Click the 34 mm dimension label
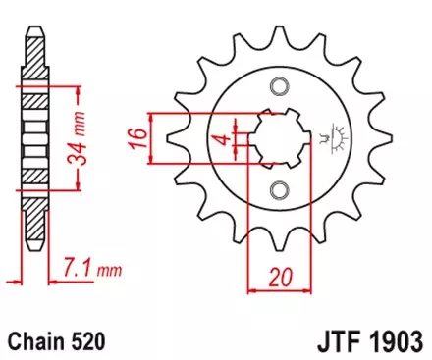coord(88,140)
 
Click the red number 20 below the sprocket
coord(285,279)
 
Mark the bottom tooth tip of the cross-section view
coord(33,257)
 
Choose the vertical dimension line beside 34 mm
coord(75,140)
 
